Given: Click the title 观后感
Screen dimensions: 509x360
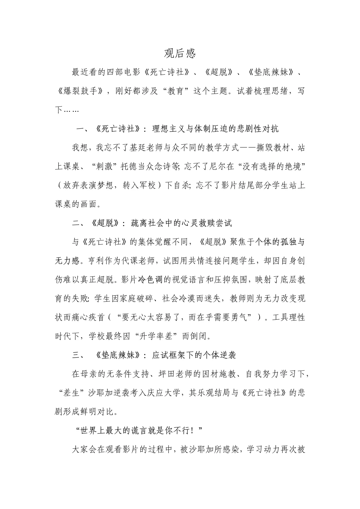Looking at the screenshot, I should (x=180, y=53).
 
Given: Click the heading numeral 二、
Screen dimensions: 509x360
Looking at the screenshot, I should (x=79, y=223).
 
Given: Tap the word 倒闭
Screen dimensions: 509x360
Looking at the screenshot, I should (x=198, y=336).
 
